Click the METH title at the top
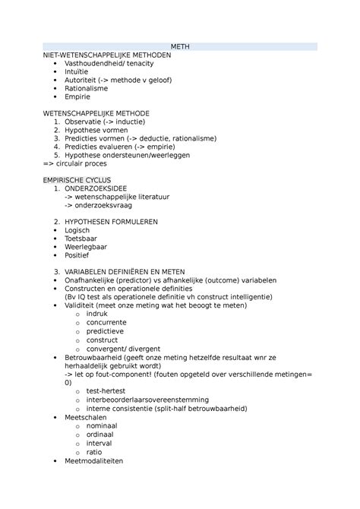tap(180, 47)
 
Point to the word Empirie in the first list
tap(77, 97)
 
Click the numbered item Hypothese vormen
tap(95, 130)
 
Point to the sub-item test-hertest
tap(107, 390)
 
